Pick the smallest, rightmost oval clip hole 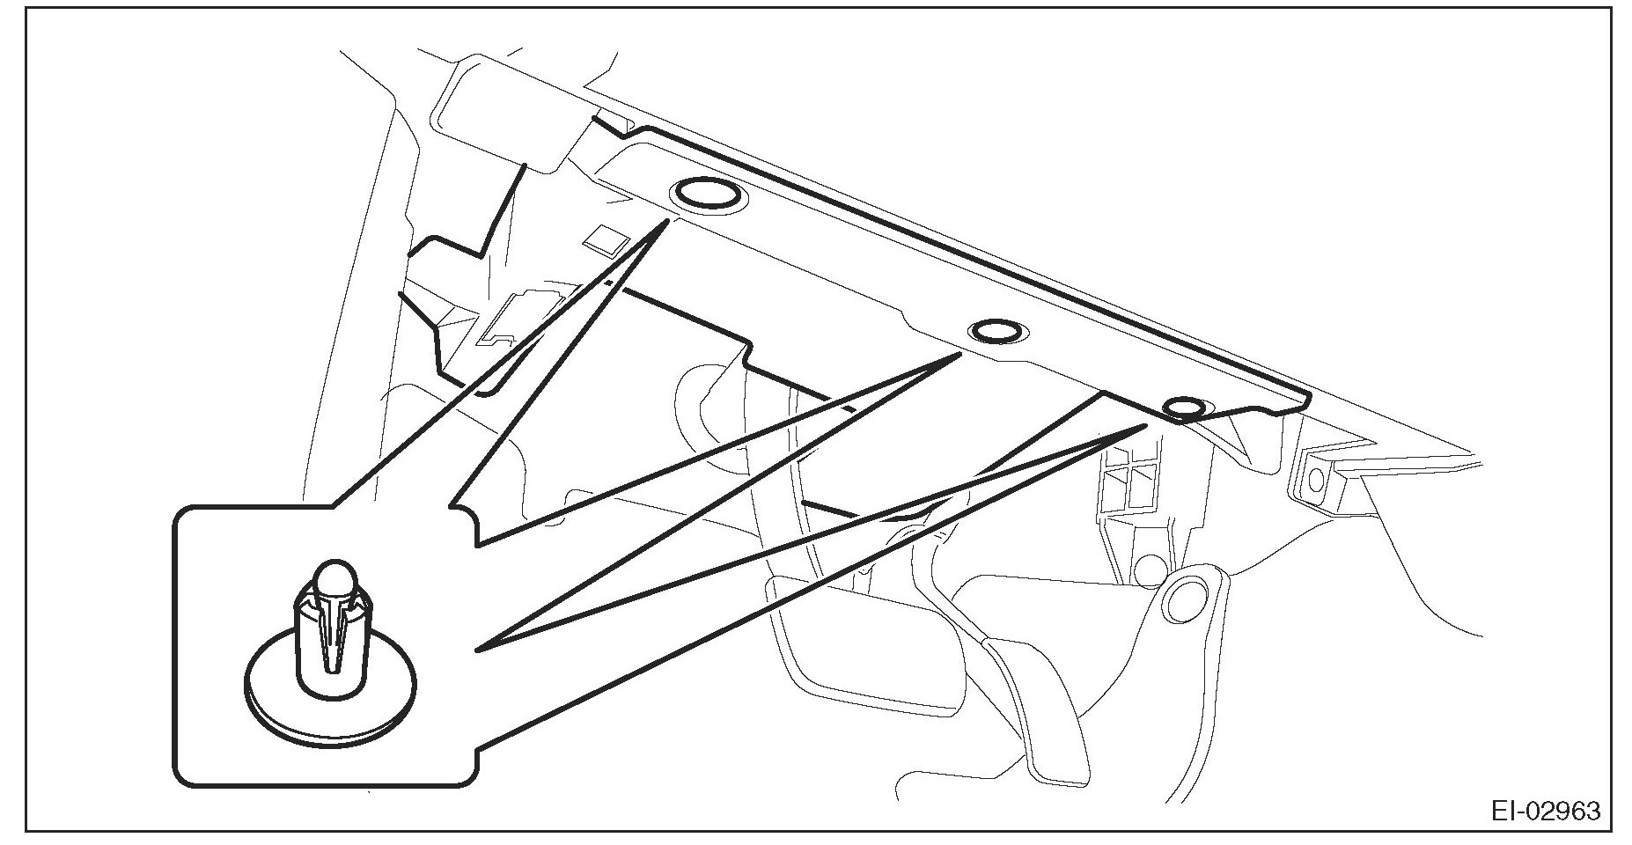(1184, 408)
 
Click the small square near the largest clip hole (606, 239)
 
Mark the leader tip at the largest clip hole (666, 222)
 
